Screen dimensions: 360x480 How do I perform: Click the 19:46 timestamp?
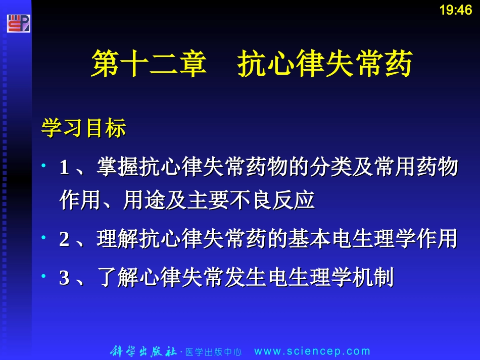coord(455,10)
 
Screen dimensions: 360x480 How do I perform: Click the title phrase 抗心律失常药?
coord(325,64)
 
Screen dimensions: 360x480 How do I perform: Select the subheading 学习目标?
coord(83,129)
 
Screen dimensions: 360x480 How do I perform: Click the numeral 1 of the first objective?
coord(64,168)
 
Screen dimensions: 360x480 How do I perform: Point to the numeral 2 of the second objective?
coord(64,239)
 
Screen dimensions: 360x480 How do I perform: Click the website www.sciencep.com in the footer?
coord(312,351)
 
